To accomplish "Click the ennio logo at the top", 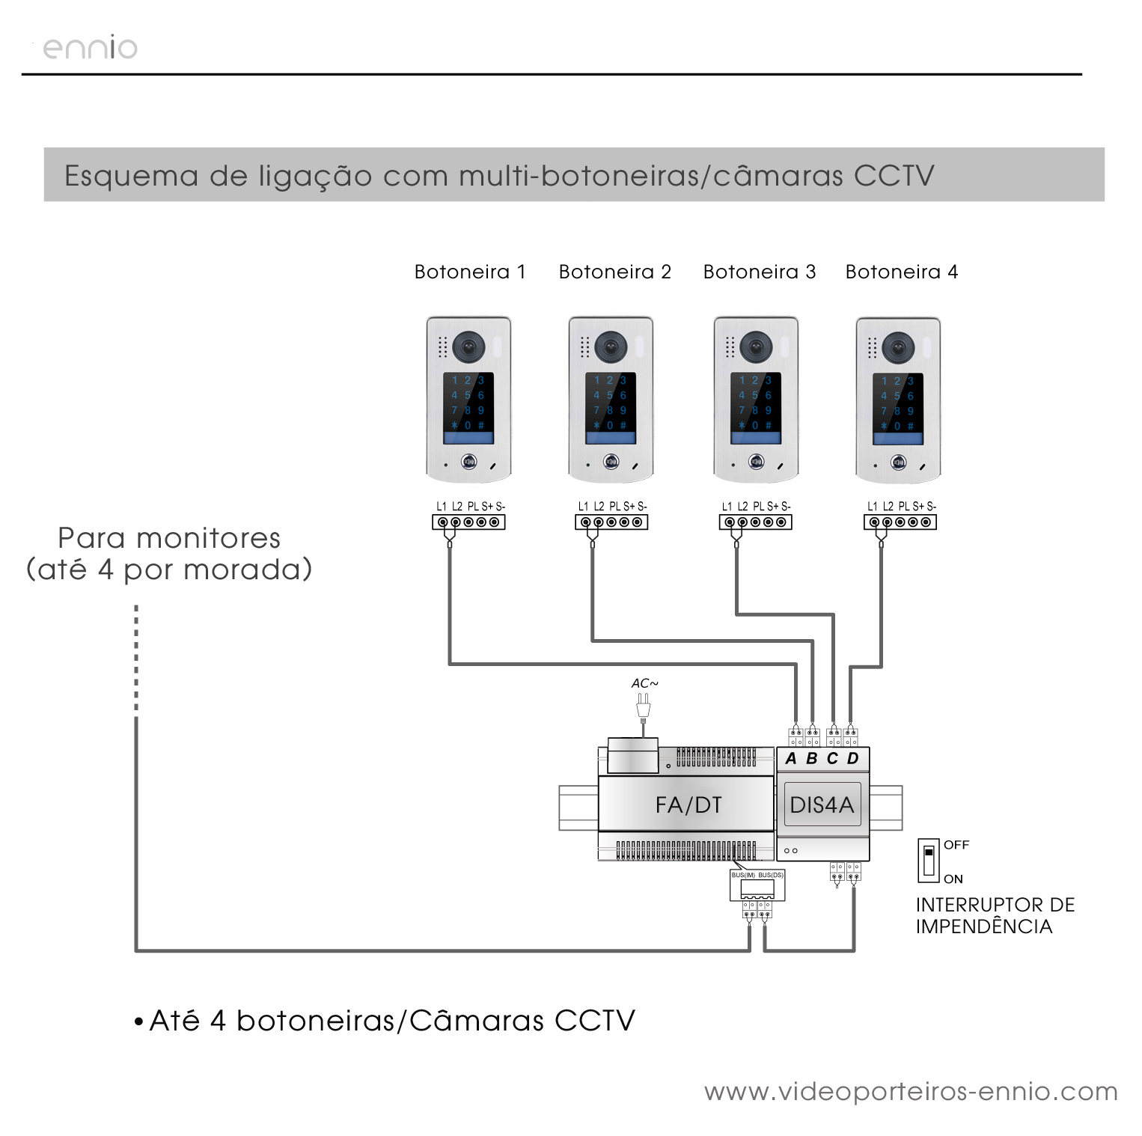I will tap(90, 48).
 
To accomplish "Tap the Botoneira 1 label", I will tap(470, 272).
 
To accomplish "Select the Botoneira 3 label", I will tap(759, 272).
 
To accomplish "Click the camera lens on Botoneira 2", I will tap(611, 346).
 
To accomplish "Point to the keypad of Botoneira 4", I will tap(897, 403).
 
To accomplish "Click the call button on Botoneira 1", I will tap(469, 462).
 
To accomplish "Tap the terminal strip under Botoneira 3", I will tap(755, 522).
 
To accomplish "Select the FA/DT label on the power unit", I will tap(688, 805).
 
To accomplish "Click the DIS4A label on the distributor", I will tap(822, 805).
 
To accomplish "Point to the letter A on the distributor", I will tap(791, 759).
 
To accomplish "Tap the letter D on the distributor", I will tap(853, 759).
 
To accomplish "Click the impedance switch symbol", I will tap(928, 861).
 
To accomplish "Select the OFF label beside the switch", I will tap(956, 845).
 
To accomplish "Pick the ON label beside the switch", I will tap(953, 879).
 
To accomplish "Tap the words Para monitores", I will tap(169, 538).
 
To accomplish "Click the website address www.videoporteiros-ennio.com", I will tap(910, 1092).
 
